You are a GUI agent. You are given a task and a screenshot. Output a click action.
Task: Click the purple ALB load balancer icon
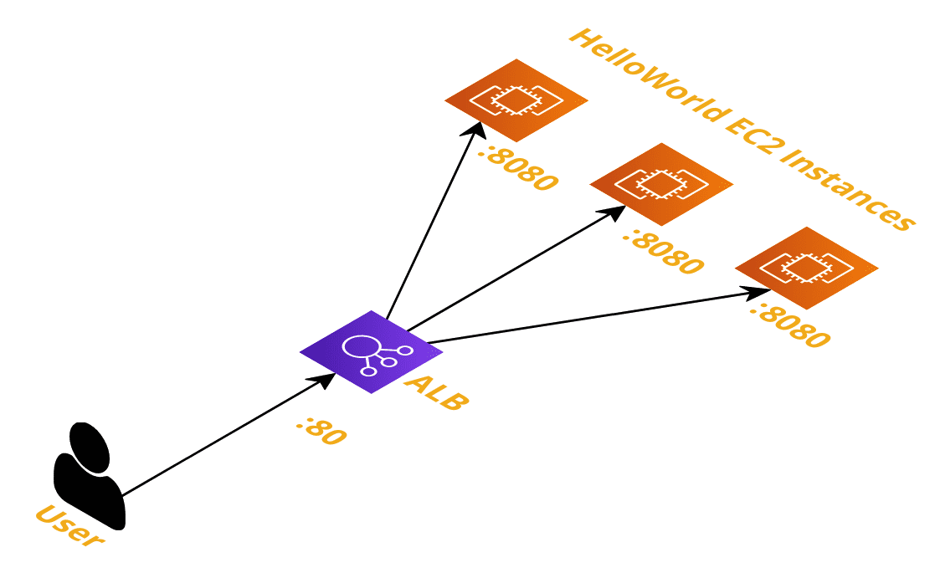point(372,352)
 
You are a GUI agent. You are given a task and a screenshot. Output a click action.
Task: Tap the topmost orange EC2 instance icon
point(516,100)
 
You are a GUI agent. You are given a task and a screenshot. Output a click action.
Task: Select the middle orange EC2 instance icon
point(661,184)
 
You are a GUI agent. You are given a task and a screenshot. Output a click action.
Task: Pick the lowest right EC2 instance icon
point(806,268)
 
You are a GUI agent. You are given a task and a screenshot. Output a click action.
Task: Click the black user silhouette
point(90,477)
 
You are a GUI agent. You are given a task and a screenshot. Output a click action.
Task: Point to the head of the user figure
point(90,448)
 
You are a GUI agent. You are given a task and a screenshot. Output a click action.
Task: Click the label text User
point(69,525)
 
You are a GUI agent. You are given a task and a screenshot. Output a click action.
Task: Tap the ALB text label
point(436,392)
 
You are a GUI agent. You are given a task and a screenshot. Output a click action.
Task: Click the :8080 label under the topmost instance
point(519,170)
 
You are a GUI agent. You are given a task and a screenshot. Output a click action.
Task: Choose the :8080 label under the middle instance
point(664,253)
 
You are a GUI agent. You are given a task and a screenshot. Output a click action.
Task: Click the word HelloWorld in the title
point(650,74)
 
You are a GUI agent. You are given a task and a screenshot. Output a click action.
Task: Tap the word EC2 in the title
point(751,132)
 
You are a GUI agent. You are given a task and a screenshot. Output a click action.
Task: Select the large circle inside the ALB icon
point(361,347)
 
